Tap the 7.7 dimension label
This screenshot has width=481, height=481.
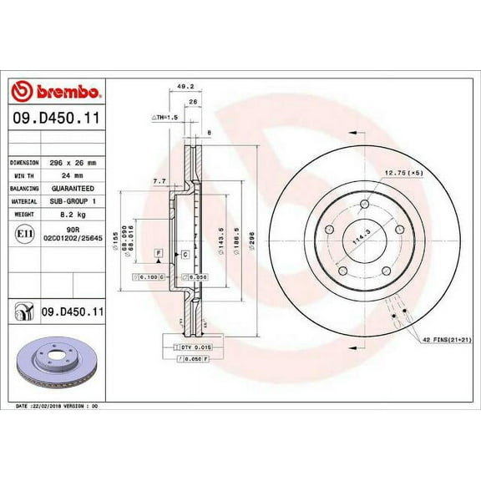[x=158, y=180]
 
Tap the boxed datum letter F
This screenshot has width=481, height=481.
[x=156, y=251]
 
